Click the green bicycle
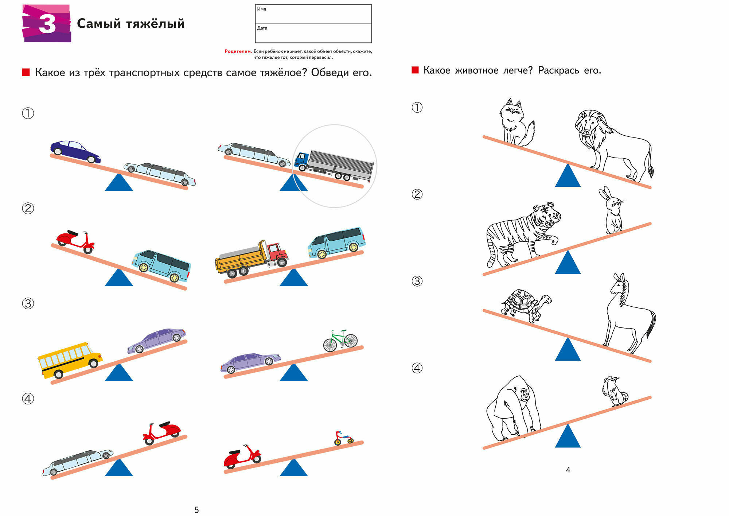(340, 341)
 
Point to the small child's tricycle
(343, 438)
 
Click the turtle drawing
(525, 305)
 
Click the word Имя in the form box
(261, 9)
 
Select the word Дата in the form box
(262, 28)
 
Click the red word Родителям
(238, 51)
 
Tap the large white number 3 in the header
(47, 24)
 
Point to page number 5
(196, 510)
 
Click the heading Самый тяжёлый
(130, 24)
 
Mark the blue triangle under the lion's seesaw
(568, 177)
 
